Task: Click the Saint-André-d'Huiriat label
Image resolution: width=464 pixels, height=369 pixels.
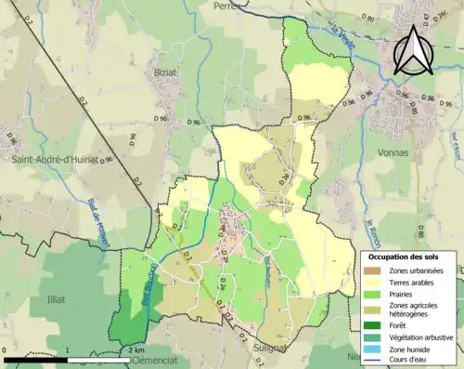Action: (x=55, y=159)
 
